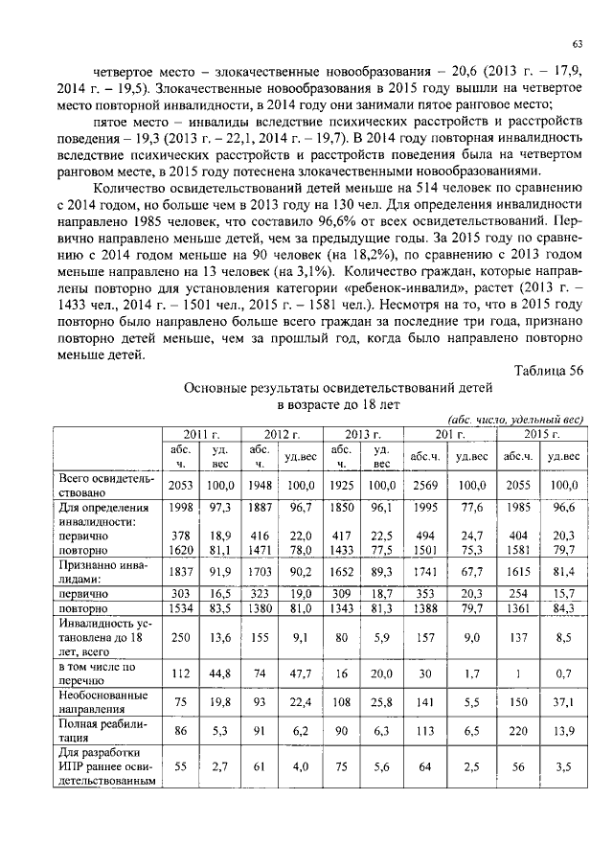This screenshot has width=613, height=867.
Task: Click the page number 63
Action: click(578, 43)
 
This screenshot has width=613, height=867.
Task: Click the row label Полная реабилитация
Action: click(92, 733)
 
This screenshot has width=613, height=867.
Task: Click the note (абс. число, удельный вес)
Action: click(515, 420)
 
